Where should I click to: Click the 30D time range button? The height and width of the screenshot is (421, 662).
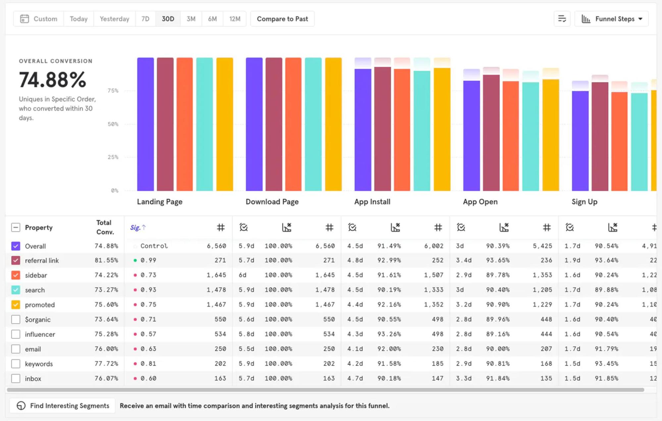(x=168, y=19)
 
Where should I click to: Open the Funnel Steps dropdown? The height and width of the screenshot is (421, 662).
(x=612, y=19)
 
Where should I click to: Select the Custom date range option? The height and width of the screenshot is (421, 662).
(x=39, y=19)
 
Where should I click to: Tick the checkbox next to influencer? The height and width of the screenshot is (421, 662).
(x=16, y=334)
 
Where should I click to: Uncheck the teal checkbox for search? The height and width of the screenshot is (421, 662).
(x=16, y=290)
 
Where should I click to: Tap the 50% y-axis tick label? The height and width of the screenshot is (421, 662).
(x=113, y=124)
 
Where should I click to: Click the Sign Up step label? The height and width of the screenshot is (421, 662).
(x=584, y=202)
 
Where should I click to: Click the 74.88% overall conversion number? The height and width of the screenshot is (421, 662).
(x=53, y=80)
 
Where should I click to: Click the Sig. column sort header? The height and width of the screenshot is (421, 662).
(x=138, y=227)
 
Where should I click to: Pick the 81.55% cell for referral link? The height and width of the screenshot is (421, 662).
(x=106, y=260)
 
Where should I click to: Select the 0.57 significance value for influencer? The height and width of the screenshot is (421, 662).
(x=148, y=334)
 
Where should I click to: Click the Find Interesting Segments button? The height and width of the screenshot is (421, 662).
(x=63, y=406)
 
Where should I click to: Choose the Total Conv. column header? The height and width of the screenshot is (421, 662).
(x=105, y=227)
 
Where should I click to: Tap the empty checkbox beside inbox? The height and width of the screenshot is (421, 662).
(x=16, y=378)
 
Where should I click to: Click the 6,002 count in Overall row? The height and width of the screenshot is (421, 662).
(x=433, y=246)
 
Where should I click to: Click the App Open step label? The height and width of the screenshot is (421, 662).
(x=480, y=202)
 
